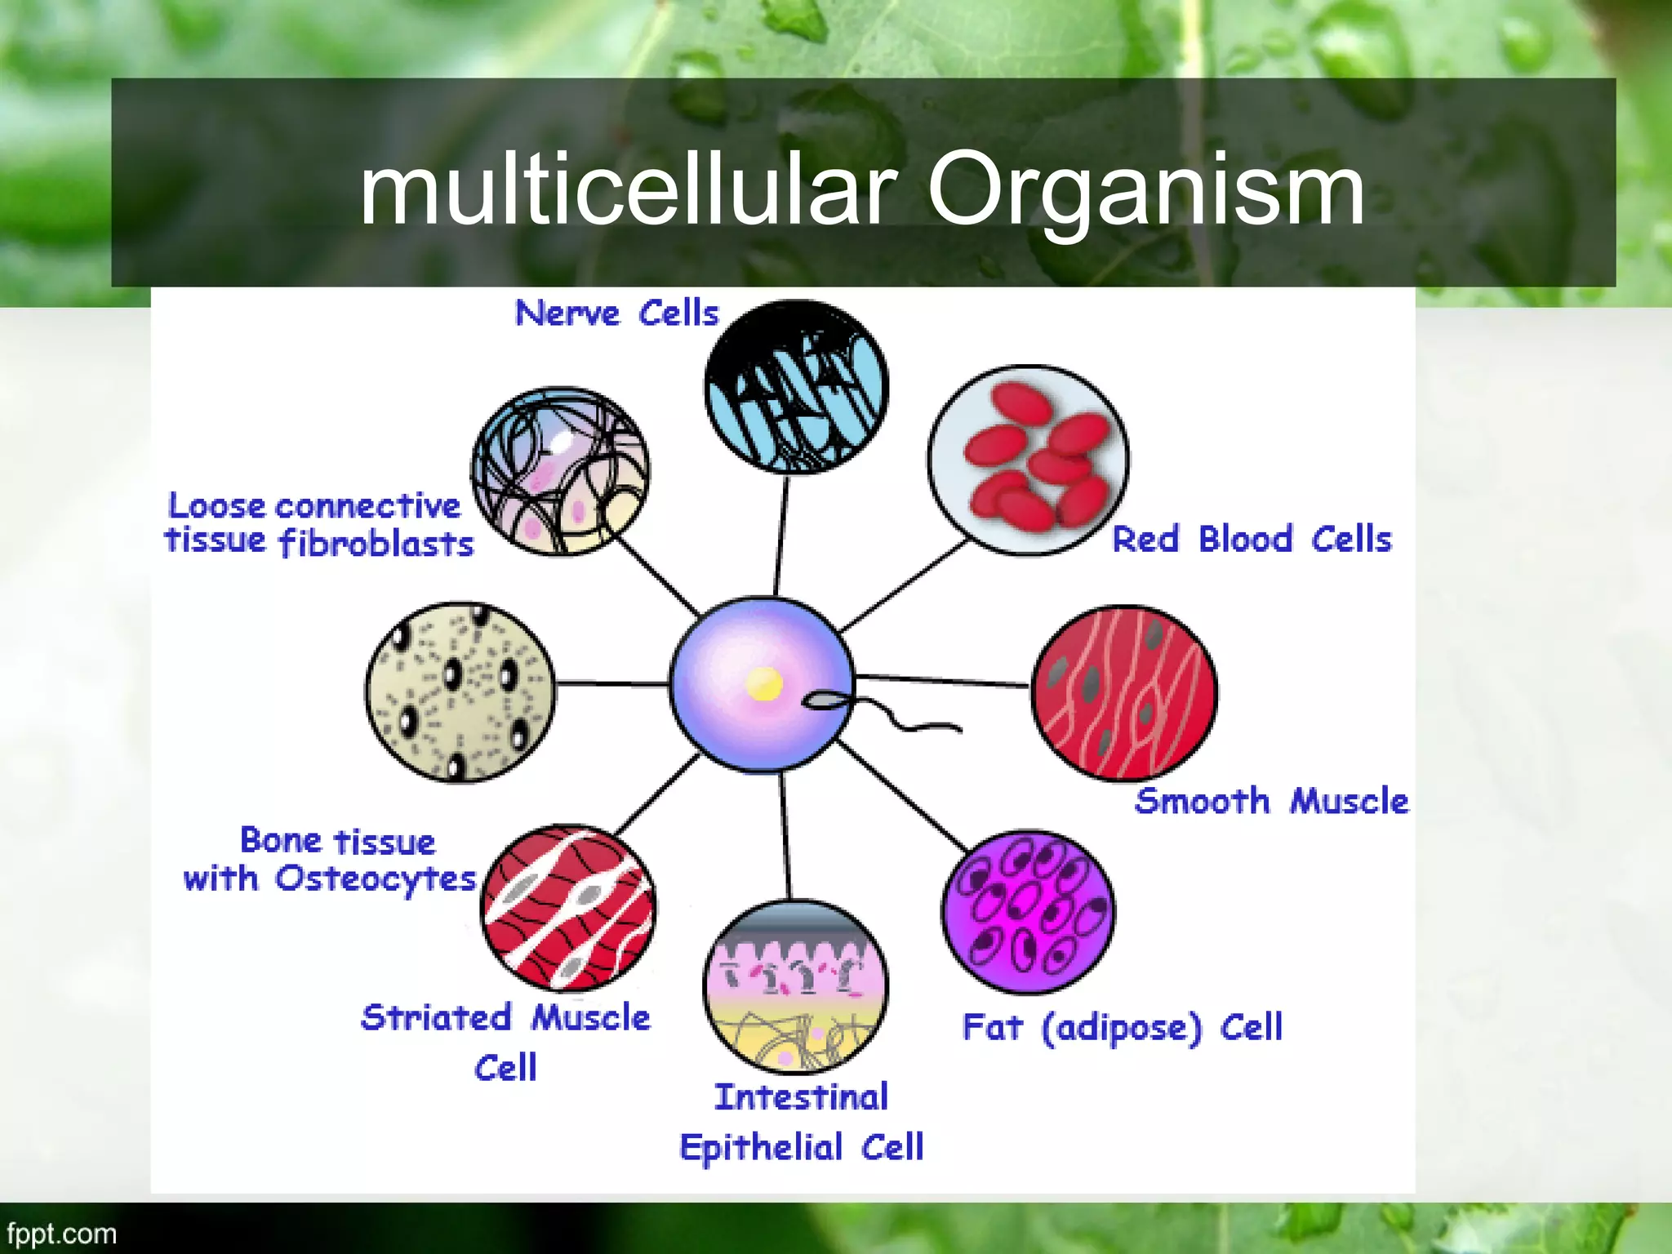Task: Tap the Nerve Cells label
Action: point(616,313)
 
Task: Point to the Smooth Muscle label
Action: point(1271,802)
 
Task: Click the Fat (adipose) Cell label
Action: point(1123,1027)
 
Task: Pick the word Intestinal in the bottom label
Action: point(801,1097)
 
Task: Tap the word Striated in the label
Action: point(436,1018)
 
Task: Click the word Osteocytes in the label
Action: point(375,879)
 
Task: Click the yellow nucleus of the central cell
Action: point(764,684)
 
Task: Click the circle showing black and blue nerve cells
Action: point(796,387)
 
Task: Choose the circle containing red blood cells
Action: point(1029,460)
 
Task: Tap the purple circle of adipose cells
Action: point(1028,912)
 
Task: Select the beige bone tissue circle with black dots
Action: point(460,692)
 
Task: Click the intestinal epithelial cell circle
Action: point(796,986)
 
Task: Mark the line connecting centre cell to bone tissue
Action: point(612,683)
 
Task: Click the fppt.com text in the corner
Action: point(62,1233)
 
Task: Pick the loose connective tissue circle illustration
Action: point(561,472)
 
